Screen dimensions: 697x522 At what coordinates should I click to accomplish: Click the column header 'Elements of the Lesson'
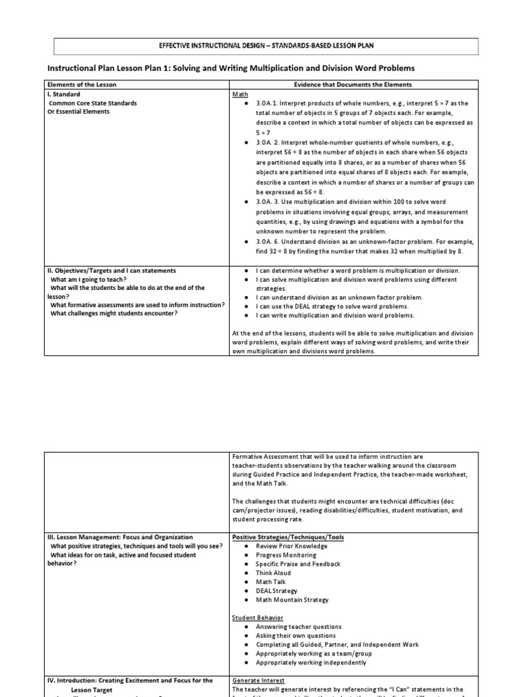82,84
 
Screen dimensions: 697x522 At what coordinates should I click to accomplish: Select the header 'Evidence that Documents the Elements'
352,84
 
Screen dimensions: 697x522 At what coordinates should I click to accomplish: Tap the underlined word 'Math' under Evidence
240,94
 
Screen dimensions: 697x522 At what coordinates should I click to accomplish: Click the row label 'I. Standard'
63,94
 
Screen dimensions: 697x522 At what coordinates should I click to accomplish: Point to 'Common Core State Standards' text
92,103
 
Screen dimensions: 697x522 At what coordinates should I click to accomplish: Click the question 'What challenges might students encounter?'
114,313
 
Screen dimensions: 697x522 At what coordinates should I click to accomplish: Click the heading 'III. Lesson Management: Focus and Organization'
120,537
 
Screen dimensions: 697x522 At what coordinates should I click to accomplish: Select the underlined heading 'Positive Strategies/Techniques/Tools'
288,537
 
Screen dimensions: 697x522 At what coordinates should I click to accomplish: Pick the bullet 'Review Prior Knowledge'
291,546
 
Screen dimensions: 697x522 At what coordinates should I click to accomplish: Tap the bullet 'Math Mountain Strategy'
292,600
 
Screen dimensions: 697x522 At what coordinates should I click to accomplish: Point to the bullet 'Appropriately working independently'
311,662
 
